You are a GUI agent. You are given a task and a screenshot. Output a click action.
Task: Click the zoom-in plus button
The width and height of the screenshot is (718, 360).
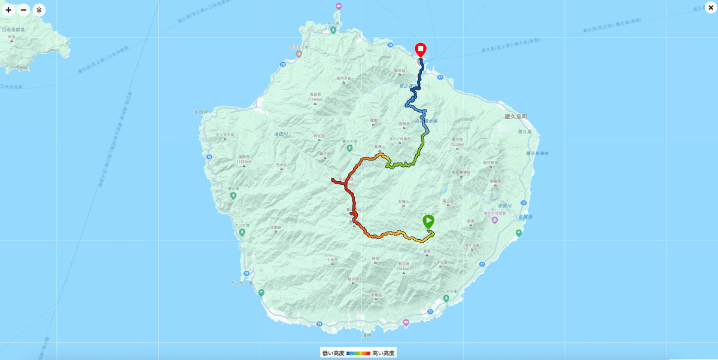pos(8,10)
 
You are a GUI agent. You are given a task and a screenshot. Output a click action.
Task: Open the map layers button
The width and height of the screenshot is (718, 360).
pos(39,10)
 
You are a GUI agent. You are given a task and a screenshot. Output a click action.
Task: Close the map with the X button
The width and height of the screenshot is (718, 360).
pos(710,8)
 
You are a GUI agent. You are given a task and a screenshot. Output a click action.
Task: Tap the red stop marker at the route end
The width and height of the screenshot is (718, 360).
pos(421,49)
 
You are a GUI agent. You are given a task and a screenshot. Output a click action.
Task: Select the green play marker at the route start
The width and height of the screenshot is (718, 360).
pos(428,221)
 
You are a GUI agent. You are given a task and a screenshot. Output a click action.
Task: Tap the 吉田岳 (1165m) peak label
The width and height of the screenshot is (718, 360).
pos(315,96)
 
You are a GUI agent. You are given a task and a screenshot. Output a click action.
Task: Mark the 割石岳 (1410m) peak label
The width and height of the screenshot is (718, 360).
pos(403,266)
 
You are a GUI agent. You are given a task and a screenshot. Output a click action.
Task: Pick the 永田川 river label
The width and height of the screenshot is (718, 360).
pos(282,134)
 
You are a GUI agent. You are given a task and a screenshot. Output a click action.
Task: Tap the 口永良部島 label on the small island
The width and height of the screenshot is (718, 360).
pos(13,29)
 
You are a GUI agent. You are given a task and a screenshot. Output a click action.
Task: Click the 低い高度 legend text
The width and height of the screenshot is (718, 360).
pos(333,353)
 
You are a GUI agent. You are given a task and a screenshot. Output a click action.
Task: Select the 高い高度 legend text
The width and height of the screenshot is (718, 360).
pos(384,353)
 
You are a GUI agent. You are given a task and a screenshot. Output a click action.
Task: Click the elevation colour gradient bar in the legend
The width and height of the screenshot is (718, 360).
pos(358,353)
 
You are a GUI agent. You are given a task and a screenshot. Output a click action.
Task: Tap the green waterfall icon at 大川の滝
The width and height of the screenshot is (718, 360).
pos(242,231)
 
